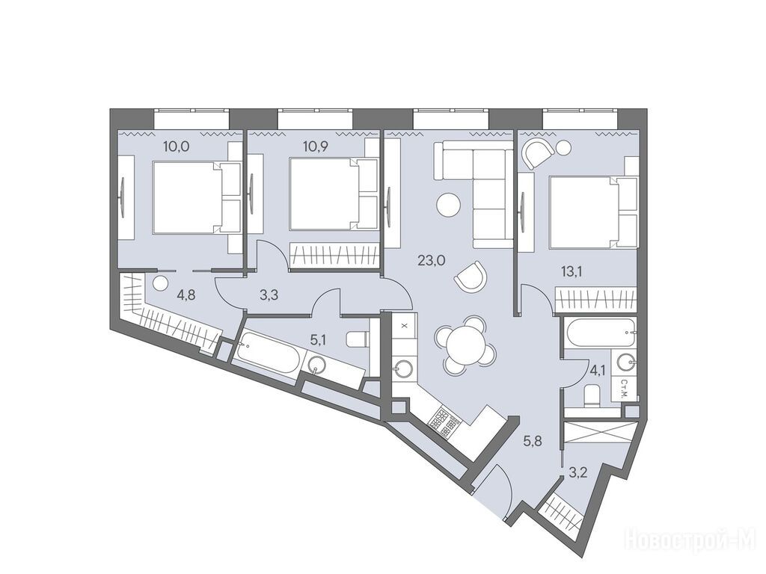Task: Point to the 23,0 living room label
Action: pos(432,261)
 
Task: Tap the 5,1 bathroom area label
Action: pos(318,339)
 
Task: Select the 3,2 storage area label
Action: pos(577,472)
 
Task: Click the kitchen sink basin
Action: pos(404,368)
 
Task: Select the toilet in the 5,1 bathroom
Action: pos(358,339)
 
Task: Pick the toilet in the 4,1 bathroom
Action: pos(592,396)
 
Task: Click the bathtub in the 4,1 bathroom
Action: pos(600,333)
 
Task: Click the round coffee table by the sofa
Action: pos(448,205)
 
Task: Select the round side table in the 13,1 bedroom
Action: pos(564,147)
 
